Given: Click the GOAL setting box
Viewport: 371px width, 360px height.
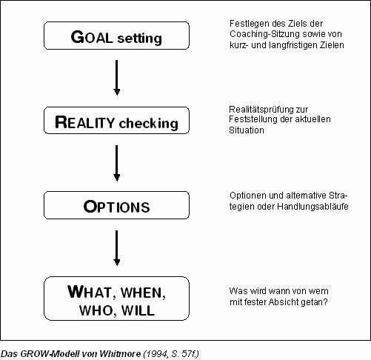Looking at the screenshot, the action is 116,36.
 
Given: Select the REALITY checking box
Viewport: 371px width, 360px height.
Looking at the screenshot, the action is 116,121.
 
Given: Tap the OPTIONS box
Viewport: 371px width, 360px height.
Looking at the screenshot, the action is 116,205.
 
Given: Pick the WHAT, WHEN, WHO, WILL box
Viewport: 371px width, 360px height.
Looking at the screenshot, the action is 116,299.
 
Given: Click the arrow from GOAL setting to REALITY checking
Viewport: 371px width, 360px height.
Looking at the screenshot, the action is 117,78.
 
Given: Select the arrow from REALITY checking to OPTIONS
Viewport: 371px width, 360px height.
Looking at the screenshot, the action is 117,163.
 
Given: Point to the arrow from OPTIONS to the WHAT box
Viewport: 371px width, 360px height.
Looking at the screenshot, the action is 117,248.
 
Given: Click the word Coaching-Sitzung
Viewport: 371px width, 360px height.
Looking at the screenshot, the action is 269,34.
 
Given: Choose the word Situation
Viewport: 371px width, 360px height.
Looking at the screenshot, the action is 247,130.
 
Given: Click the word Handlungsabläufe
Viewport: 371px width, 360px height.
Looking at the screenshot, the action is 312,206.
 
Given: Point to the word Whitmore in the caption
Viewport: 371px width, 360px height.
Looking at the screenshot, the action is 120,354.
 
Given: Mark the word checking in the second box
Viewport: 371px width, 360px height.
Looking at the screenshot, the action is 149,123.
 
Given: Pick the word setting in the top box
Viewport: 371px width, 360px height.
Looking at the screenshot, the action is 140,39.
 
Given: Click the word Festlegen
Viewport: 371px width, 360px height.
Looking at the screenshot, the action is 249,24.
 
